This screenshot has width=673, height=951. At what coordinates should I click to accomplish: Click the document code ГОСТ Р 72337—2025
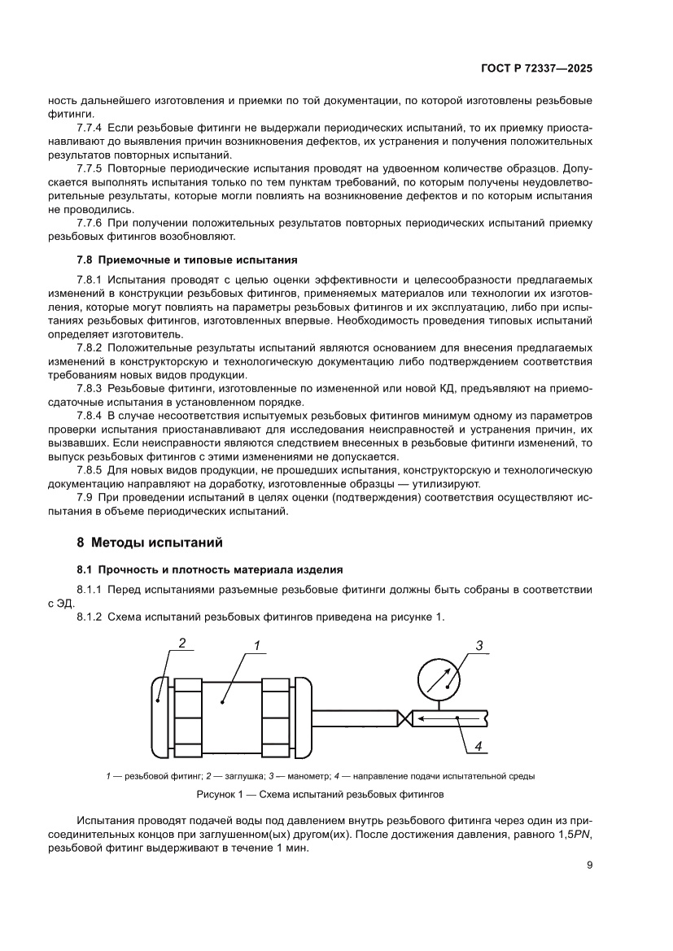click(x=535, y=69)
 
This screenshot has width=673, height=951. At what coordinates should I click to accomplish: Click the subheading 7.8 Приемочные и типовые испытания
click(x=186, y=260)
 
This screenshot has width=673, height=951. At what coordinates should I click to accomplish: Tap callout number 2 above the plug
click(x=182, y=643)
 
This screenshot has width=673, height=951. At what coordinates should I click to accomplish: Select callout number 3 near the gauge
click(x=479, y=645)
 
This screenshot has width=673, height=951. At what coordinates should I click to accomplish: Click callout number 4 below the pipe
click(x=479, y=745)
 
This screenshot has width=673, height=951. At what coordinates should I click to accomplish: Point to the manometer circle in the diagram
click(x=438, y=678)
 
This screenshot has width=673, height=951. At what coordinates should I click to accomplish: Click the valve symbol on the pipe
click(x=404, y=718)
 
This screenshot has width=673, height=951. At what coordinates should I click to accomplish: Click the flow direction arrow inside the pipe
click(x=444, y=718)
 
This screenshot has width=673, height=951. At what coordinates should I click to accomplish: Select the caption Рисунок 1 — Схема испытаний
click(x=320, y=792)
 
